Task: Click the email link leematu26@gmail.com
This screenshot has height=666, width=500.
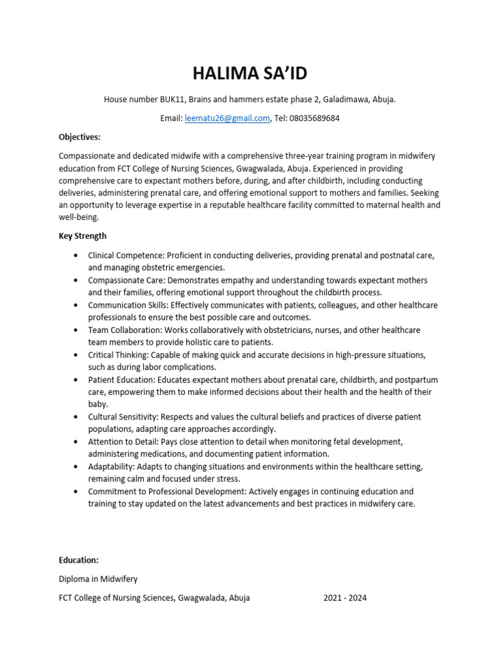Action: click(x=227, y=118)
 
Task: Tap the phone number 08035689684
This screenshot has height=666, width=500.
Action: click(x=316, y=118)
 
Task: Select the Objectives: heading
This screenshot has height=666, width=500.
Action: click(x=79, y=137)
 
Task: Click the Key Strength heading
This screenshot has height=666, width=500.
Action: click(x=83, y=236)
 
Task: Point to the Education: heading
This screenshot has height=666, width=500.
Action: click(x=79, y=560)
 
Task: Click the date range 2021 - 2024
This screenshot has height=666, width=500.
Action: click(x=345, y=598)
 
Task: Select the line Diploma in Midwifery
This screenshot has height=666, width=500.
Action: click(x=98, y=579)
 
